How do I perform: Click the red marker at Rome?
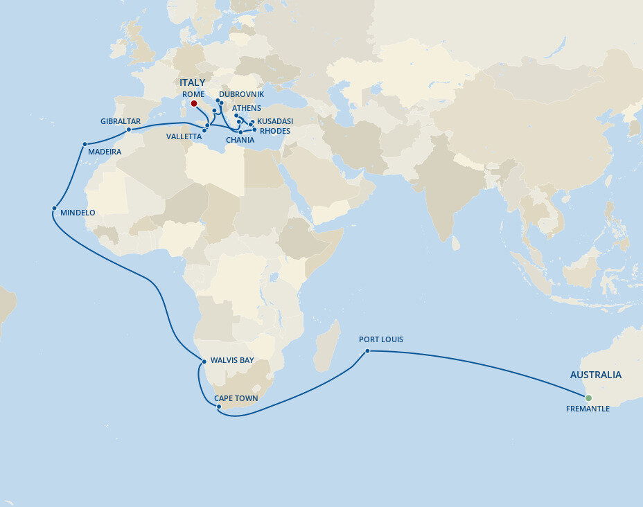(194, 104)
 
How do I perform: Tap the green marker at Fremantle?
(588, 398)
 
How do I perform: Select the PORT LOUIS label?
(380, 339)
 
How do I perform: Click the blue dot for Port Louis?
(368, 351)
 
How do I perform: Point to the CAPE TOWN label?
(236, 398)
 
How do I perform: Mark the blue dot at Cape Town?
(219, 407)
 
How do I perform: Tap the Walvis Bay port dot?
(203, 362)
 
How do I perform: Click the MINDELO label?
(78, 213)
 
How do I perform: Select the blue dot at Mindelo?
(54, 208)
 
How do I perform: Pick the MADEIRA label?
(105, 152)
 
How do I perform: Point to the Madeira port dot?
(85, 144)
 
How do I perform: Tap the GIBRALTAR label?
(121, 121)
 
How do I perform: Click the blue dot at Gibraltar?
(129, 130)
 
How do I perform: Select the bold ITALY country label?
(192, 82)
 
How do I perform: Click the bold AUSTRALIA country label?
(595, 375)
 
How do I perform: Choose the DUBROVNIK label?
(241, 94)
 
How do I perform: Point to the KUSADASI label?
(274, 121)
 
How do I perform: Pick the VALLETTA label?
(184, 136)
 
